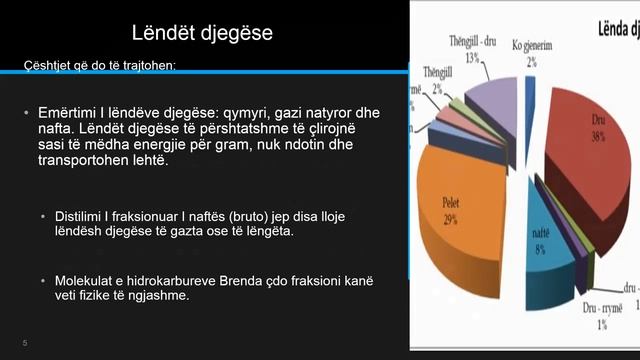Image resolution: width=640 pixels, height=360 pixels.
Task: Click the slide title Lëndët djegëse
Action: tap(203, 34)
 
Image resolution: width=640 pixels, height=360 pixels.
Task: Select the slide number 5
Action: tap(24, 344)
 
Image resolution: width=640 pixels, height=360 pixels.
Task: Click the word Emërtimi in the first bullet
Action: tap(69, 111)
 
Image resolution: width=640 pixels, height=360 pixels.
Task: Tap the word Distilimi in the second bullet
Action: tap(89, 216)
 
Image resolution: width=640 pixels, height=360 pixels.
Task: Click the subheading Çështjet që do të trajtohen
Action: tap(100, 66)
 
